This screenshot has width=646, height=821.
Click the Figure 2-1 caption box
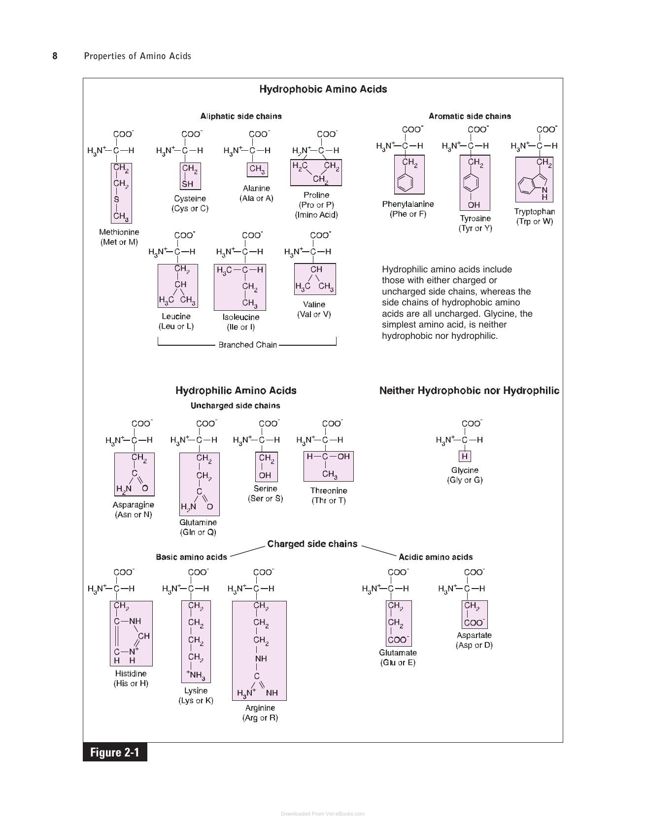pos(115,752)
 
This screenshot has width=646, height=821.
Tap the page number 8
pos(55,56)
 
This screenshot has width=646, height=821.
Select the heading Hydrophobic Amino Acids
pos(323,89)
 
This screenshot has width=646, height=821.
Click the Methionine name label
pos(119,232)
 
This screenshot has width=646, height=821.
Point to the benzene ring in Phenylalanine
pos(405,183)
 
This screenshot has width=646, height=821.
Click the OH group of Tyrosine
pos(474,205)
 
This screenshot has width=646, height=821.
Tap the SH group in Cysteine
pos(188,184)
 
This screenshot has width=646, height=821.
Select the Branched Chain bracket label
pos(247,345)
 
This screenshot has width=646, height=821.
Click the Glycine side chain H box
pos(465,456)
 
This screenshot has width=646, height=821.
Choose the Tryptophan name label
pos(535,212)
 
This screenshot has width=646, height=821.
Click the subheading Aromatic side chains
pos(470,116)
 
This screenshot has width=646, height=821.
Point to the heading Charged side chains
pos(312,544)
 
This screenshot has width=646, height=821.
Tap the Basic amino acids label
pos(192,557)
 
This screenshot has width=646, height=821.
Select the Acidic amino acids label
pos(436,557)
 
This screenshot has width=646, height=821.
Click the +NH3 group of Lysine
pos(196,675)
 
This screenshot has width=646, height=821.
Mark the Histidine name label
pos(131,673)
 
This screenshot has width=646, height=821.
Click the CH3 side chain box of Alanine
pos(257,169)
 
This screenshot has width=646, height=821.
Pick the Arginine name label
pos(260,708)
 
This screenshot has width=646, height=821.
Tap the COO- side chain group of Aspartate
pos(475,623)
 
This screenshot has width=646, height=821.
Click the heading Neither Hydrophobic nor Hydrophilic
pos(469,391)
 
